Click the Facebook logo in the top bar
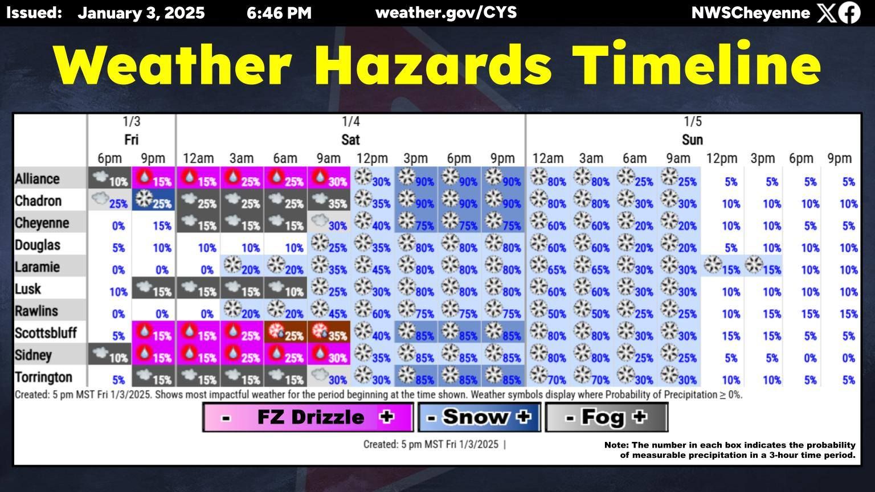pyautogui.click(x=849, y=13)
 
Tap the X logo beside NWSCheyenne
pyautogui.click(x=825, y=13)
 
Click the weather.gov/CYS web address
pyautogui.click(x=446, y=13)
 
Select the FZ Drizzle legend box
pyautogui.click(x=308, y=417)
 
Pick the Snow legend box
pyautogui.click(x=479, y=417)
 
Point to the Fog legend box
pyautogui.click(x=606, y=417)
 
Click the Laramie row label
pyautogui.click(x=38, y=267)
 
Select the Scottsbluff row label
pyautogui.click(x=46, y=333)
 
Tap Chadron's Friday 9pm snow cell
pyautogui.click(x=153, y=200)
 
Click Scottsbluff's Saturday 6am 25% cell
pyautogui.click(x=285, y=333)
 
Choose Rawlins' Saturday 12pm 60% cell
pyautogui.click(x=373, y=311)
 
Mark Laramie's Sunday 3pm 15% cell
pyautogui.click(x=762, y=267)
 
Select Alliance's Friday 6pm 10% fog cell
pyautogui.click(x=109, y=179)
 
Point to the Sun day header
pyautogui.click(x=692, y=140)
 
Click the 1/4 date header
pyautogui.click(x=350, y=121)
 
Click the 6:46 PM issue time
pyautogui.click(x=279, y=13)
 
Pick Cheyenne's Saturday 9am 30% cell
pyautogui.click(x=329, y=223)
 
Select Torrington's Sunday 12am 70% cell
pyautogui.click(x=547, y=377)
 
